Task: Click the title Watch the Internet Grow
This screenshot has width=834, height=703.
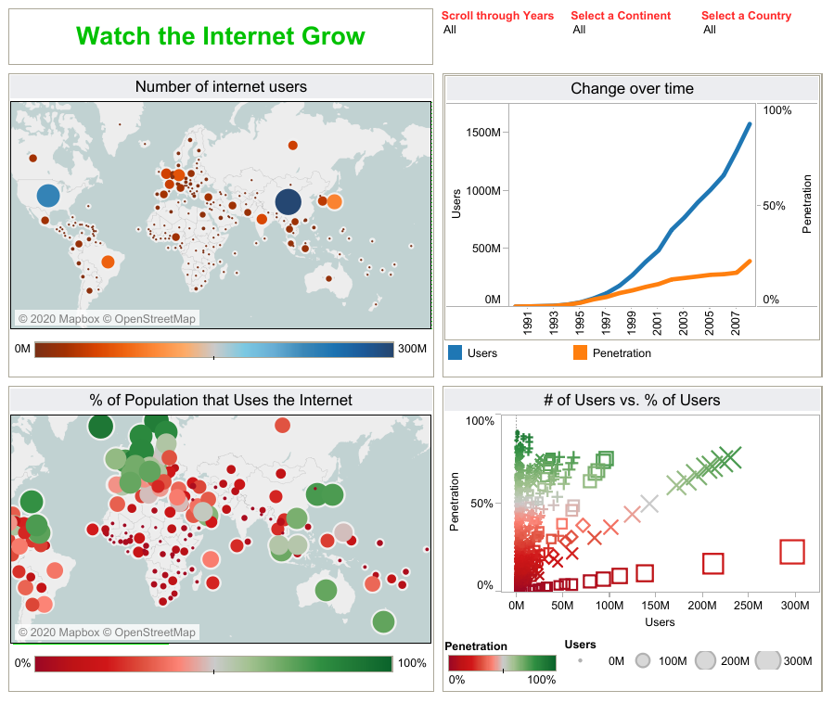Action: (x=221, y=37)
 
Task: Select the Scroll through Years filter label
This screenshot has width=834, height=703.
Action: (x=497, y=16)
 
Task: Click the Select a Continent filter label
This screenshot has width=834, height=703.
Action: (x=621, y=16)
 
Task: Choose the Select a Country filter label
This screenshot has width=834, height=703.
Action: (x=746, y=16)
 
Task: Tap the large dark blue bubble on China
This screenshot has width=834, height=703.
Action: (x=289, y=202)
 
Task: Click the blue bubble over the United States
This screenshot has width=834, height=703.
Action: (x=48, y=196)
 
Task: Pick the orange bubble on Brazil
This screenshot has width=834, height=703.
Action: (x=108, y=262)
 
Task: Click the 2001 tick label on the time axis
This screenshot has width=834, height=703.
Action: (x=657, y=326)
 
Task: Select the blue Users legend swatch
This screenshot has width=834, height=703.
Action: (x=455, y=352)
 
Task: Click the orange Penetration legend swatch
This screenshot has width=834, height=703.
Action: (x=581, y=352)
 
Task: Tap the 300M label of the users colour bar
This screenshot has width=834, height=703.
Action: (x=412, y=349)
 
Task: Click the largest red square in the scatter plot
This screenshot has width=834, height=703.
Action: (x=791, y=552)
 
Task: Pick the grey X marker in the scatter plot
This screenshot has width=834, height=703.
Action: (x=649, y=504)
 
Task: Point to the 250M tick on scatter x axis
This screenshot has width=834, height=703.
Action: (x=748, y=606)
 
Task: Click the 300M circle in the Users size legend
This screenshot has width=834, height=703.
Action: (x=768, y=660)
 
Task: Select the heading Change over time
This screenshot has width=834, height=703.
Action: (x=632, y=89)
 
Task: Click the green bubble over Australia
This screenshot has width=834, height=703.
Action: (x=326, y=590)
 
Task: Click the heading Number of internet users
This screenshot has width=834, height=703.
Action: (x=221, y=87)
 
